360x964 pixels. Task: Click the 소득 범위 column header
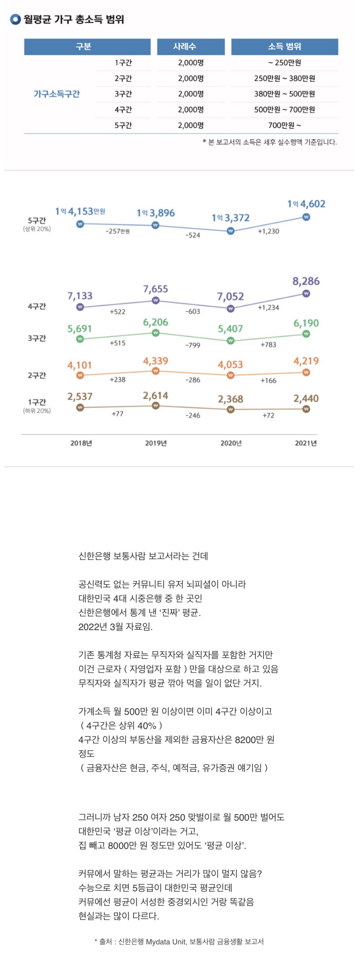[x=285, y=47]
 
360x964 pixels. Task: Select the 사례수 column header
[x=191, y=47]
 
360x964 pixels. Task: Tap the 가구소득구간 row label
[x=57, y=94]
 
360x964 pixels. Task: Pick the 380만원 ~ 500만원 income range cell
[x=285, y=94]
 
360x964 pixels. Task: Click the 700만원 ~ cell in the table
[x=285, y=125]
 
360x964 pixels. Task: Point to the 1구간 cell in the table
[x=123, y=63]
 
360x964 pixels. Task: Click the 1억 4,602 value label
[x=306, y=204]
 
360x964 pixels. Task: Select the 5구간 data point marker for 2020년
[x=230, y=231]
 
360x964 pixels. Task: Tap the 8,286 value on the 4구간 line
[x=306, y=281]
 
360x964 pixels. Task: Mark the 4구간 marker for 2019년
[x=155, y=301]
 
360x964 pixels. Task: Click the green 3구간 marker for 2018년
[x=80, y=339]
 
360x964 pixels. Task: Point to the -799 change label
[x=192, y=345]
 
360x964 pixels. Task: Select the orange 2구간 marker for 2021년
[x=306, y=372]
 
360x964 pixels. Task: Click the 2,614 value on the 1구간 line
[x=155, y=395]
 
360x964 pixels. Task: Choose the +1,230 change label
[x=268, y=231]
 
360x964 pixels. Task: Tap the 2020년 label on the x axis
[x=231, y=443]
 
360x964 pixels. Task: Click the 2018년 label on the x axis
[x=81, y=443]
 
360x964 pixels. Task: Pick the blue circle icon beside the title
[x=16, y=19]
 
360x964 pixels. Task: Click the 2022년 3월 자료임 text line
[x=115, y=627]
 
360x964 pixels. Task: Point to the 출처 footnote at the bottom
[x=179, y=942]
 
